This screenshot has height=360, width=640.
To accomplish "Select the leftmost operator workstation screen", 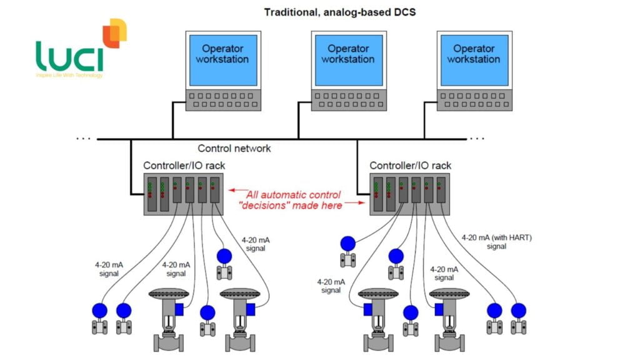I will (x=222, y=59).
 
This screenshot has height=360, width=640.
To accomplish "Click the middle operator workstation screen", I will (x=347, y=59).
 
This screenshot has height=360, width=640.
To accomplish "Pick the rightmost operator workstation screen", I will (x=473, y=59).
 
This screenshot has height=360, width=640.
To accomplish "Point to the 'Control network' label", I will (x=234, y=149).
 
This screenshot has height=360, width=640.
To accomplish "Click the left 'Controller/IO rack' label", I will (x=184, y=166).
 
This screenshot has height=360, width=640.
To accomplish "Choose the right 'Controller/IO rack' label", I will (x=410, y=166).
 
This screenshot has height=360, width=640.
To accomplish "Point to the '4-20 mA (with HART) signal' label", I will (x=497, y=242).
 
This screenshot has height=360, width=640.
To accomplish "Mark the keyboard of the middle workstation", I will (x=347, y=101).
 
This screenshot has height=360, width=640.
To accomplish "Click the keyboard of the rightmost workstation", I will (x=473, y=101).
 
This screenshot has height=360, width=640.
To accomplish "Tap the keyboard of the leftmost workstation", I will (x=222, y=101).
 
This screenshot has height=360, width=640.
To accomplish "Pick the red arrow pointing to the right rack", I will (x=354, y=203).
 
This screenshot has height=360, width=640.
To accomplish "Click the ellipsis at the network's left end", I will (x=82, y=137).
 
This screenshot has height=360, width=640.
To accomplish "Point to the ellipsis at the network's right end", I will (x=477, y=137).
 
